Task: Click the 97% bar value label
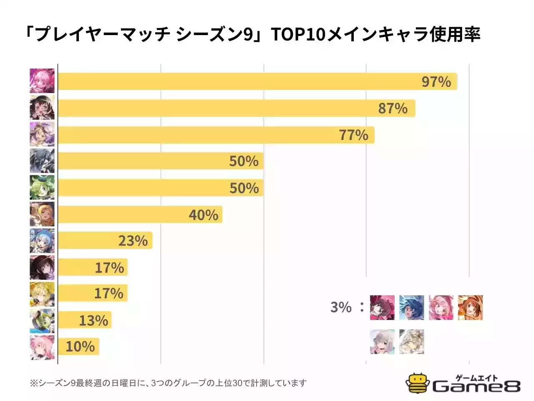coord(436,81)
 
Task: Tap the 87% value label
coord(393,108)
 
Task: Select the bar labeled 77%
coord(216,135)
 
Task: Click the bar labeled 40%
coord(140,215)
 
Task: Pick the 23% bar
coord(105,241)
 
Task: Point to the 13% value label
coord(93,320)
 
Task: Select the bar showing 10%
coord(78,347)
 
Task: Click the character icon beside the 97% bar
coord(42,81)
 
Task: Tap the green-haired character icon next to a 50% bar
coord(42,188)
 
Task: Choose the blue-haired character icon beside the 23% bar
coord(42,241)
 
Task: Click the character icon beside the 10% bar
coord(42,347)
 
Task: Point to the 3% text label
coord(341,307)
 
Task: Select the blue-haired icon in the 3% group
coord(411,307)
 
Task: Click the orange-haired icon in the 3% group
coord(470,307)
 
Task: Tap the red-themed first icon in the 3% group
coord(382,307)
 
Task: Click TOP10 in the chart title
coord(298,34)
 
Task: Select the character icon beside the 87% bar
coord(42,108)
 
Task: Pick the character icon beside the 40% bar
coord(42,214)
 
